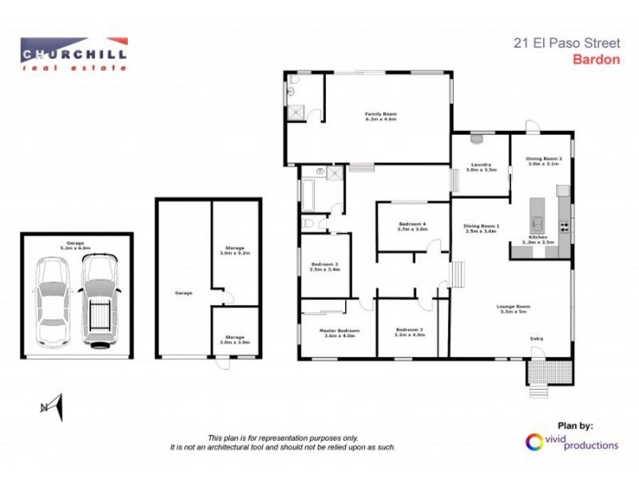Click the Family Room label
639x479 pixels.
tap(381, 117)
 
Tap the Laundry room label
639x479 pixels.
tap(482, 168)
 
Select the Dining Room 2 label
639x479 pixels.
tap(544, 160)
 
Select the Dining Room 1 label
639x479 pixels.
tap(482, 228)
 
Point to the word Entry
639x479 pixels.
tap(537, 339)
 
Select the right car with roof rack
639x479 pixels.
tap(100, 301)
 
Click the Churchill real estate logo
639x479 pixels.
tap(73, 54)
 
